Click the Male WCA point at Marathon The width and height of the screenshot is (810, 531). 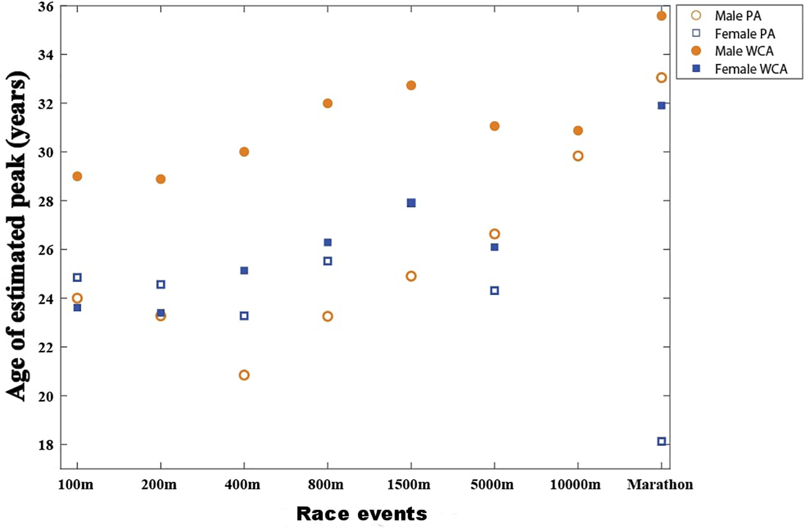661,16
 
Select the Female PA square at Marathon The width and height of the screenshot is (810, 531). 661,441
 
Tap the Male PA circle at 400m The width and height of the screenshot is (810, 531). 244,375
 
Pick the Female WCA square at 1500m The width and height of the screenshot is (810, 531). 411,203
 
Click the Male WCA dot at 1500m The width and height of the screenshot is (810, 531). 411,85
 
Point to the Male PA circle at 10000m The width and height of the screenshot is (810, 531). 578,156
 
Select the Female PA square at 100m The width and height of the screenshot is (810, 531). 77,277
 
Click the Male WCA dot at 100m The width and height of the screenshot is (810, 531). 77,176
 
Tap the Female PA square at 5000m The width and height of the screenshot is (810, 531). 495,291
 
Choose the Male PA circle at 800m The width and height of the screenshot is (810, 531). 328,316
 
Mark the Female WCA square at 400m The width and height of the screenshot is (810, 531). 244,271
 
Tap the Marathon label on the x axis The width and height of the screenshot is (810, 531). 660,485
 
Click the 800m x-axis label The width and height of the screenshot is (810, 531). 326,485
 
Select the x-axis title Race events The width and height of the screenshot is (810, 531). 361,514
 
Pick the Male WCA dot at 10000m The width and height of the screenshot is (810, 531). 578,131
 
